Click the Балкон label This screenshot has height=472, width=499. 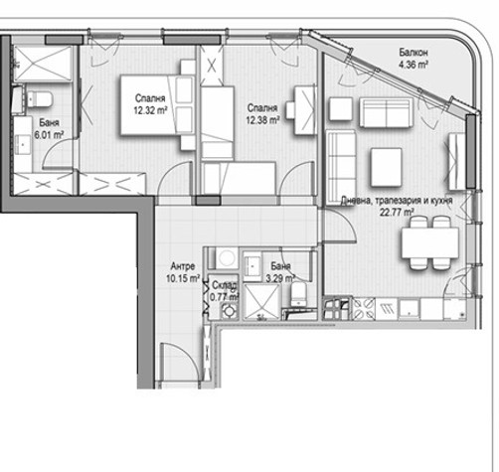413,53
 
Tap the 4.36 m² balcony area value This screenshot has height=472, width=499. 413,65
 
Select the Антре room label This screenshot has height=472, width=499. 183,266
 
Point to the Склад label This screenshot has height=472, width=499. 225,285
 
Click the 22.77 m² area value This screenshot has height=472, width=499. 397,212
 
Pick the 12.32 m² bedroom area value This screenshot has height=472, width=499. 150,110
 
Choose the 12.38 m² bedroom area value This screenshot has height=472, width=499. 262,120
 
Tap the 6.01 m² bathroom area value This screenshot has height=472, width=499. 49,134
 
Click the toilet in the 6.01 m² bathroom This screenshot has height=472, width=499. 39,99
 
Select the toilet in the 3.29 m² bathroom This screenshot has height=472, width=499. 299,295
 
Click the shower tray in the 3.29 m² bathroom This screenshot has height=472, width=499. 261,302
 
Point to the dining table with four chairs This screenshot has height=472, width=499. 430,242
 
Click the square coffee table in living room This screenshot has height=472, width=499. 387,167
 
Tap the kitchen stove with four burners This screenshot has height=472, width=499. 363,309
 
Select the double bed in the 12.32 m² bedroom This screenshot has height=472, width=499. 156,105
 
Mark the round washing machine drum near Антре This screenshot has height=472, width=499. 227,257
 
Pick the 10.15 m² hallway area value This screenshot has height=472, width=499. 183,278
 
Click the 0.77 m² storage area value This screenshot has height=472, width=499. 225,297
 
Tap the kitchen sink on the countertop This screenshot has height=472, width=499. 410,310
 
